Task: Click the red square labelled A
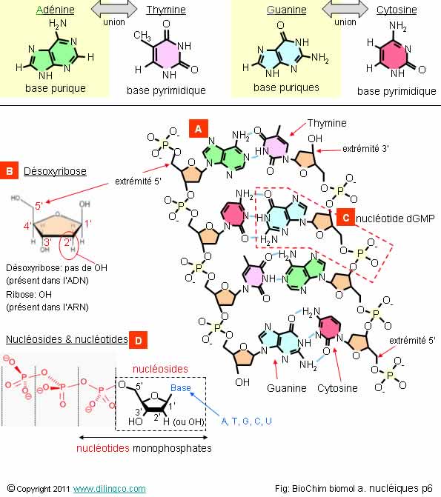199,129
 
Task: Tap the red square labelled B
9,170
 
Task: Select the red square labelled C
346,218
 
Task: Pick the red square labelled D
139,340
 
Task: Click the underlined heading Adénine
55,10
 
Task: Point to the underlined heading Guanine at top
287,10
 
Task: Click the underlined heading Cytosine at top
397,10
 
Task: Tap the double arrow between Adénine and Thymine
114,9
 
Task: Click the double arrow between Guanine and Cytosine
345,9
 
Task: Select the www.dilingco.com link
110,488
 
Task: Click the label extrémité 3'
366,149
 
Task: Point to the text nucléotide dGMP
395,219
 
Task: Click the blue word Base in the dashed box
181,387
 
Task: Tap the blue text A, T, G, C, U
247,421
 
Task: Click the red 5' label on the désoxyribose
39,206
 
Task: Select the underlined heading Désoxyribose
55,171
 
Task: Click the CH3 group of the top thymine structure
142,36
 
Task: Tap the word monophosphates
172,448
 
